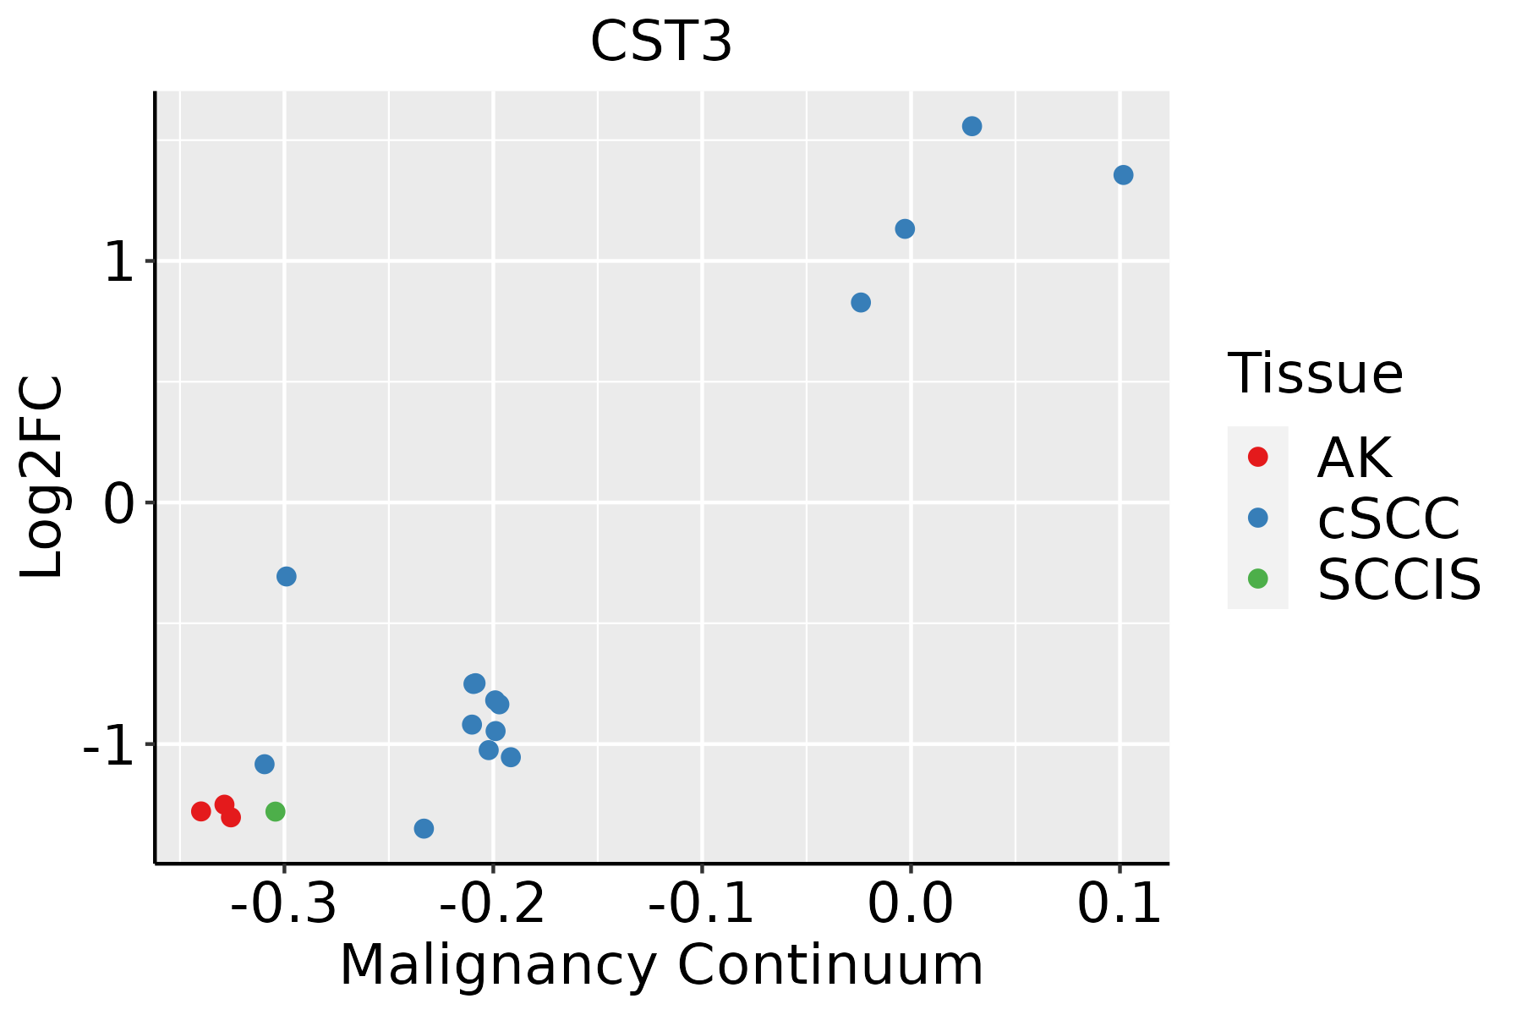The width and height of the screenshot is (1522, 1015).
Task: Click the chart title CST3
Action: pos(660,42)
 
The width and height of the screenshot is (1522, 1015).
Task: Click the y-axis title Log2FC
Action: pos(42,477)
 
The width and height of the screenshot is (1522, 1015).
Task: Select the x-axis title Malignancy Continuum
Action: pos(661,966)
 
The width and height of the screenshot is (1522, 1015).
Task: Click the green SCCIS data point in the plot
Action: pos(276,812)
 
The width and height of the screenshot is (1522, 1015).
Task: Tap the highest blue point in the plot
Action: pos(972,127)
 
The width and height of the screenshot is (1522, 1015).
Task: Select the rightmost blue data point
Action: pos(1123,175)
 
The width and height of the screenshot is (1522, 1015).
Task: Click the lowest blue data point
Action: pos(424,828)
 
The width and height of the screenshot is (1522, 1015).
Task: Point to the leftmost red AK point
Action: pos(201,812)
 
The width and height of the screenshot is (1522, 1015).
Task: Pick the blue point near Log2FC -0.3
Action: pos(287,577)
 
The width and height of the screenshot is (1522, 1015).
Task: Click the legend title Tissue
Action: pos(1315,374)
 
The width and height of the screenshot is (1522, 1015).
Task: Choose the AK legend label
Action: pos(1354,458)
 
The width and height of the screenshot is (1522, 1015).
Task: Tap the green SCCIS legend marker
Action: pos(1257,579)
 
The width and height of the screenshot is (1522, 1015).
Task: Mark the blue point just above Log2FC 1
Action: pos(905,229)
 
